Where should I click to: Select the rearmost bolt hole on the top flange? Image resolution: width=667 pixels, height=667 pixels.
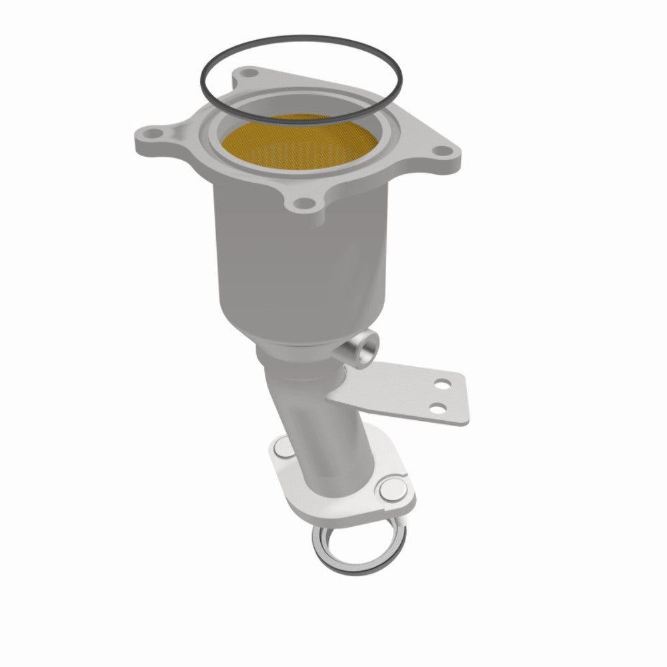[x=248, y=71]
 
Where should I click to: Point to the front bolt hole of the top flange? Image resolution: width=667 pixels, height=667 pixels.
[x=301, y=203]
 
